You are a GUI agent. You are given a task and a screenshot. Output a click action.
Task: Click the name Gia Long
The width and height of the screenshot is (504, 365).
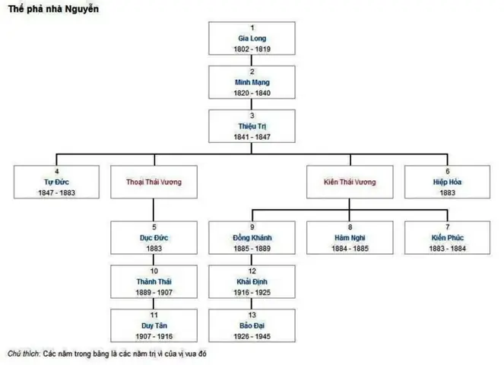click(252, 38)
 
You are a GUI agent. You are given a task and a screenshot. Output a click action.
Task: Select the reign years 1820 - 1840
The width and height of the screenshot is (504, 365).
click(252, 93)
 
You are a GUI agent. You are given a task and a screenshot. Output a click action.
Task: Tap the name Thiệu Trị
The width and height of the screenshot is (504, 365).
click(252, 126)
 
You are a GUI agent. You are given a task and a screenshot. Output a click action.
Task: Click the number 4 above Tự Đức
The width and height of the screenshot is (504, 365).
click(56, 171)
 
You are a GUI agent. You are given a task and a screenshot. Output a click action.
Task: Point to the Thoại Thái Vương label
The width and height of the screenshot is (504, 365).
click(154, 182)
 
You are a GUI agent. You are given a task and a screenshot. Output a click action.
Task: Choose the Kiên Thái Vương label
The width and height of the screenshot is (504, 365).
click(350, 182)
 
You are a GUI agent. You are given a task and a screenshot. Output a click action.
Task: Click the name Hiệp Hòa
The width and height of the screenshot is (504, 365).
click(448, 182)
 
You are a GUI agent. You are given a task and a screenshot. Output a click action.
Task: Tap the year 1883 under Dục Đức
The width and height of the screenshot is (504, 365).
click(154, 249)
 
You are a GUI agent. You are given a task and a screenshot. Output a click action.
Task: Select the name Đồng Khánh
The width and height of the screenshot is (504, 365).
click(252, 238)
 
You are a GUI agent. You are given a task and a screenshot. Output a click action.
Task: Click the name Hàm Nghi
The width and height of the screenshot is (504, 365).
click(350, 238)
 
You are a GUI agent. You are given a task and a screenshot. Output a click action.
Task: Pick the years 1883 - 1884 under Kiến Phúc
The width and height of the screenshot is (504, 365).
click(448, 249)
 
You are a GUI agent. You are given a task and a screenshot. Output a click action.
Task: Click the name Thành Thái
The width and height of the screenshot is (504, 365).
click(154, 281)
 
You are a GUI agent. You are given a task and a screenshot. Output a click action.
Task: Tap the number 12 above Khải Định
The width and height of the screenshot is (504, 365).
click(252, 271)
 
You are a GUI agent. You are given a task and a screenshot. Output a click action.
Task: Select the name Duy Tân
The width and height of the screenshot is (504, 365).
click(154, 325)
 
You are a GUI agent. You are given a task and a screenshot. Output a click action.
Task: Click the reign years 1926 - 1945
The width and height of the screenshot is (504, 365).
click(252, 336)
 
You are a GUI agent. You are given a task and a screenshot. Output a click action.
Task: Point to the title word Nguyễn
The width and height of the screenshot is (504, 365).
click(82, 9)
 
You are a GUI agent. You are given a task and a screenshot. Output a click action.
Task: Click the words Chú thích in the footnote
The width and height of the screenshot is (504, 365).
click(24, 354)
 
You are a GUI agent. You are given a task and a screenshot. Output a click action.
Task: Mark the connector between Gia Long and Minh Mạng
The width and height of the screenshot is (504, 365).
click(252, 60)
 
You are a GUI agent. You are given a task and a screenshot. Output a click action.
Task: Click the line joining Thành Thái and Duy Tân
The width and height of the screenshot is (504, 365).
click(154, 303)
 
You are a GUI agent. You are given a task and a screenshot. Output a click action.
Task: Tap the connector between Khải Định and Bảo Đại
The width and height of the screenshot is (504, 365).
click(252, 303)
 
